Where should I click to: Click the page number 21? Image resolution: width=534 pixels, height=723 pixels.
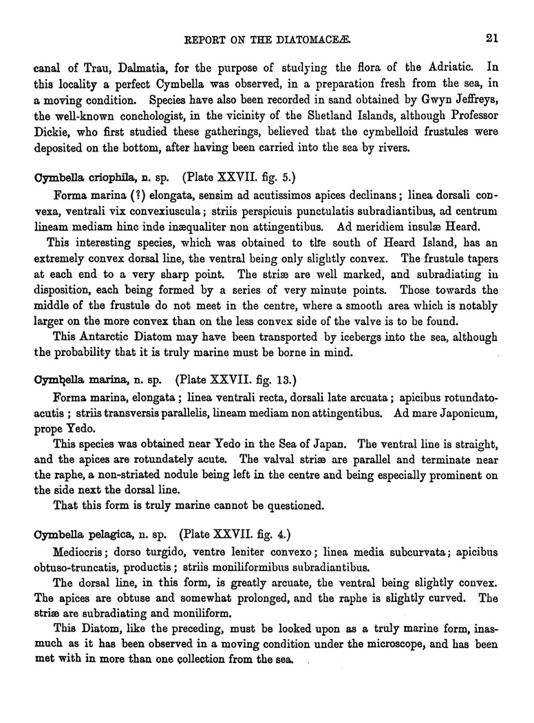491,39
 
